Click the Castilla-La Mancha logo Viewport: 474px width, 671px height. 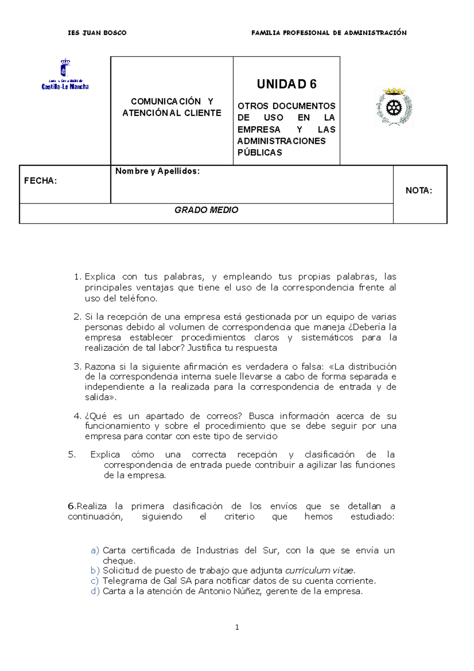[x=65, y=74]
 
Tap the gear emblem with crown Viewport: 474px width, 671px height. [x=394, y=107]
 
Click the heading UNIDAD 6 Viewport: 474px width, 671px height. [x=286, y=84]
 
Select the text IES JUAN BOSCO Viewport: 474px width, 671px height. [x=97, y=33]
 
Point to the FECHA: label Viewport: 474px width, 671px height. [x=40, y=181]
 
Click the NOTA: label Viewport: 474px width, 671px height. [x=419, y=191]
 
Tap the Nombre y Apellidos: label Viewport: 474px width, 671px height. [x=157, y=171]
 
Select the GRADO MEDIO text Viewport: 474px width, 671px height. [x=206, y=210]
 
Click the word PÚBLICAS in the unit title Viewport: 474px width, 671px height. [x=260, y=153]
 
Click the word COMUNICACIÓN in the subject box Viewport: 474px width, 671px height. [x=166, y=102]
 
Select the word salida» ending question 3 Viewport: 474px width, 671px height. [x=100, y=397]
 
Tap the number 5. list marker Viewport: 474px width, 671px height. [x=71, y=454]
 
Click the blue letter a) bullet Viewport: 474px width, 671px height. [x=94, y=550]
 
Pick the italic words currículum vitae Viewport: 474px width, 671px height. [x=320, y=571]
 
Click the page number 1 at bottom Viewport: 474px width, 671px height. [x=237, y=627]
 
